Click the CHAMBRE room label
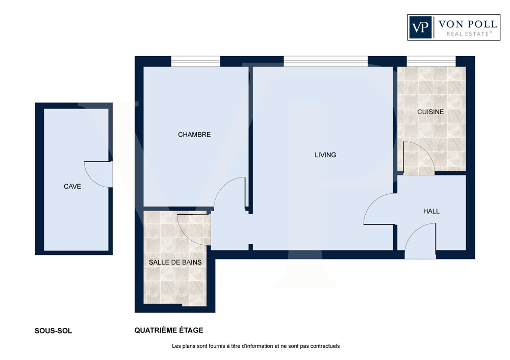194,134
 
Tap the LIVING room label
325,155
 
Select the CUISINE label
430,112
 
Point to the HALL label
431,212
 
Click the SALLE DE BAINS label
175,262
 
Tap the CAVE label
72,186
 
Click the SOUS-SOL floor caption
54,331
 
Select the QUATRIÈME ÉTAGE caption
169,330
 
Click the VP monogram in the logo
420,28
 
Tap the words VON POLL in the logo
467,24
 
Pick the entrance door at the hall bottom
420,241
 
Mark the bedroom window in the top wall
196,61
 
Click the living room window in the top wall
325,61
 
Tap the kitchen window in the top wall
431,61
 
